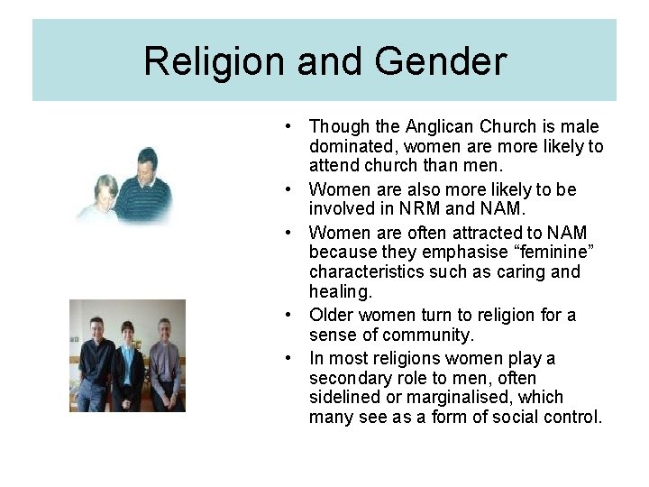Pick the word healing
click(x=339, y=292)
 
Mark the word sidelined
click(x=346, y=398)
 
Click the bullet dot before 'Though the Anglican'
click(x=285, y=127)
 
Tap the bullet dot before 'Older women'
click(x=285, y=316)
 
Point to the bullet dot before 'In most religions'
click(x=285, y=358)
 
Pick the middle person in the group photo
click(x=127, y=361)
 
